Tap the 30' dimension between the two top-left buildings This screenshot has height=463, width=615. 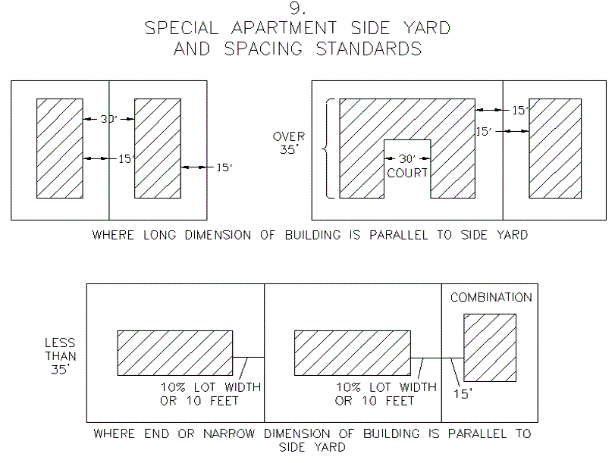[109, 118]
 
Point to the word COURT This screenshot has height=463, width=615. [407, 173]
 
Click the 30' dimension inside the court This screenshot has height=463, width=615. [407, 159]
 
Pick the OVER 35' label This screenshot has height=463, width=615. [289, 143]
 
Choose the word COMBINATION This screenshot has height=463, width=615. [491, 297]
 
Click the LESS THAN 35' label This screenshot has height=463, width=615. [59, 355]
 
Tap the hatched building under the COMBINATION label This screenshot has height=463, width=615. [490, 347]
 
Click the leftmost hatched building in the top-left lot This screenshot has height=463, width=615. [59, 147]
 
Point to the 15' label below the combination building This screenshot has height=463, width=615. [461, 395]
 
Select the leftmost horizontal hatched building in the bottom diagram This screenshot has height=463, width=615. [174, 353]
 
